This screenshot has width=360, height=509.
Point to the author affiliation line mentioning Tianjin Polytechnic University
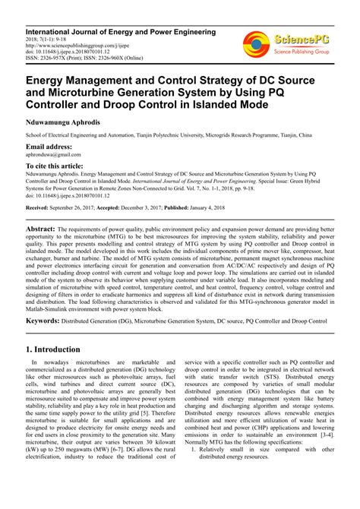click(168, 134)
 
